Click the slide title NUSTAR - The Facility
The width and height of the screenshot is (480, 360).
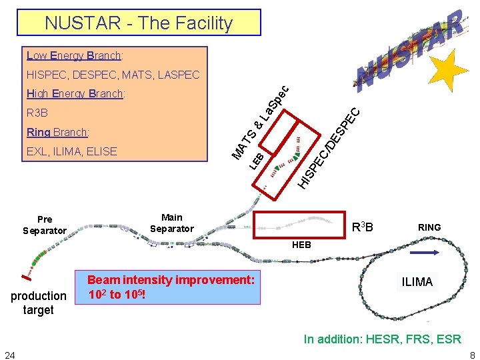click(x=139, y=23)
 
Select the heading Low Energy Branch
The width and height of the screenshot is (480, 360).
click(x=74, y=56)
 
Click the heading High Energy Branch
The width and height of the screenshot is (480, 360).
click(x=75, y=94)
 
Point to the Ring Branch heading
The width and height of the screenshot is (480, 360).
click(x=58, y=132)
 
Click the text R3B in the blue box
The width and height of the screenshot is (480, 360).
click(x=37, y=113)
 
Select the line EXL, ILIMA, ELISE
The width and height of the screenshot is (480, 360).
click(x=72, y=151)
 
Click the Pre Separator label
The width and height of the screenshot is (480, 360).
click(x=45, y=225)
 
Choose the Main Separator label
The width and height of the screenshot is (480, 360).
click(x=171, y=223)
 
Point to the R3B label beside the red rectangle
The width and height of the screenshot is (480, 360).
click(x=362, y=228)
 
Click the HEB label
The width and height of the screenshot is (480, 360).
click(x=301, y=245)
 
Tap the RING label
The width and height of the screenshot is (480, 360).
click(x=429, y=227)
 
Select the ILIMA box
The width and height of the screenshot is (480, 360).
click(x=417, y=282)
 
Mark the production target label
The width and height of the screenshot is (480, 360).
click(x=38, y=303)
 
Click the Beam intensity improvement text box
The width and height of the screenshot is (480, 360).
click(x=171, y=287)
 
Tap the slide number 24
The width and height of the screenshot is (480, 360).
click(x=10, y=354)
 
